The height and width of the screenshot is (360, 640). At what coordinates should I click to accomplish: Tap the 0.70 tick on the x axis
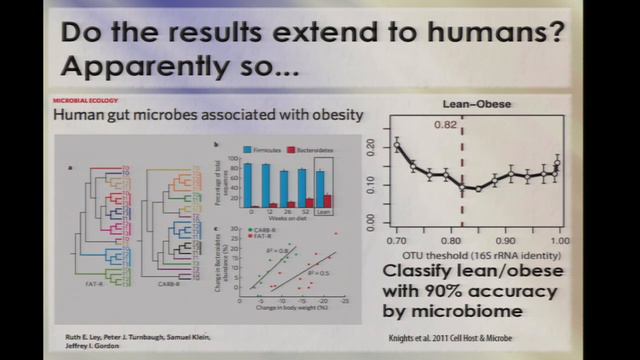pos(396,240)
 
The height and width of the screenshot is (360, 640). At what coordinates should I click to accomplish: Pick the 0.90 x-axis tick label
pos(506,240)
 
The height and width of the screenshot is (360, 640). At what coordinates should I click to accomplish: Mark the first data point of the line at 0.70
pos(396,146)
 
